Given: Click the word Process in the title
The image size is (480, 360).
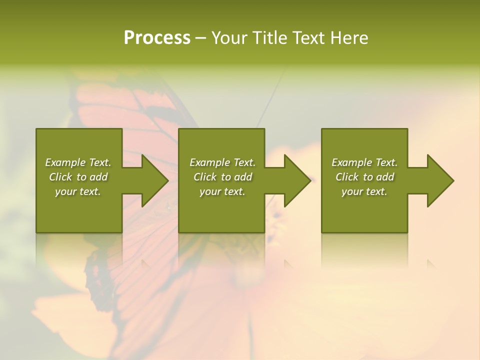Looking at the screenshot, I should [x=157, y=38].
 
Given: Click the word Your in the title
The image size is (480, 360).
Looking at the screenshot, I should [x=229, y=38].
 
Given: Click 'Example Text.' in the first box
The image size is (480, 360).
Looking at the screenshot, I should [x=78, y=162].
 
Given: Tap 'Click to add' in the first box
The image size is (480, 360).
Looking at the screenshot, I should [x=78, y=177].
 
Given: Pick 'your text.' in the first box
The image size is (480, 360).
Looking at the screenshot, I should [x=78, y=191].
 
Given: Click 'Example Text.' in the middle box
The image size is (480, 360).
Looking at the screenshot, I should [x=222, y=162].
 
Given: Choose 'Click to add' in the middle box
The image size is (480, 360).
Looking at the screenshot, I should [x=222, y=177].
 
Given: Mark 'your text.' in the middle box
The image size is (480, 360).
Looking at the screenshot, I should [x=222, y=191].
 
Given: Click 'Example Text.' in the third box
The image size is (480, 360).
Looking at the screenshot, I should [x=364, y=162].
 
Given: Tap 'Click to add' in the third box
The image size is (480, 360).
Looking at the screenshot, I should [x=364, y=177].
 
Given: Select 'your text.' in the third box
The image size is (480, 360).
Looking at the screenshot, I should [x=364, y=191].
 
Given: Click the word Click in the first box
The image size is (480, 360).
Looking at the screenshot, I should [x=60, y=177].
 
